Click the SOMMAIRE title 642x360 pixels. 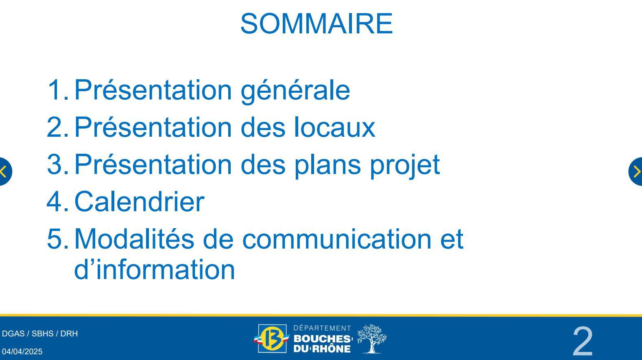(x=317, y=24)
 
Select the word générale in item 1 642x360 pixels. (x=295, y=91)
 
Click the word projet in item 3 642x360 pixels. (x=405, y=165)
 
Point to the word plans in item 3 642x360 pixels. (x=328, y=165)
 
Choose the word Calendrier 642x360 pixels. (x=139, y=201)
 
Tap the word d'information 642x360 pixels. (x=155, y=269)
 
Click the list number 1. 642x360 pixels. (x=58, y=90)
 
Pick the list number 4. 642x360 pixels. (x=58, y=202)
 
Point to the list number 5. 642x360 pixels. (x=58, y=239)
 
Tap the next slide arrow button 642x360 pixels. (x=636, y=171)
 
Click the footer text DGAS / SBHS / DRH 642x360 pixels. (x=40, y=334)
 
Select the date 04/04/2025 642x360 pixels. (x=22, y=352)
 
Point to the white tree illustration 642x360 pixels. (x=372, y=339)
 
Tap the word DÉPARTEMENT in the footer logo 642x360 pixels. (x=322, y=328)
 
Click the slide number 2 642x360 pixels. (x=583, y=342)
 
